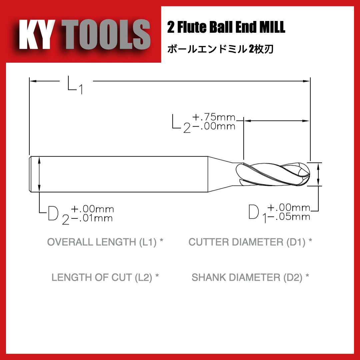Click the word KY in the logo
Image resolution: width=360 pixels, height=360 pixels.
[x=37, y=34]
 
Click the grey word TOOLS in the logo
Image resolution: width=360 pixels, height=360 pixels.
[x=106, y=34]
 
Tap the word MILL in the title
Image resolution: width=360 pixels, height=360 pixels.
[x=272, y=27]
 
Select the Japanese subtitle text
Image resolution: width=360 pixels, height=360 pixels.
[x=220, y=49]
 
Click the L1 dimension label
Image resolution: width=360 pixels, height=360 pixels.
[x=75, y=85]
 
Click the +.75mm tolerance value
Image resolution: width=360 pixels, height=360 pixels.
[x=214, y=117]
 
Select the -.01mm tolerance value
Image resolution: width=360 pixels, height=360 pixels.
[x=92, y=218]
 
